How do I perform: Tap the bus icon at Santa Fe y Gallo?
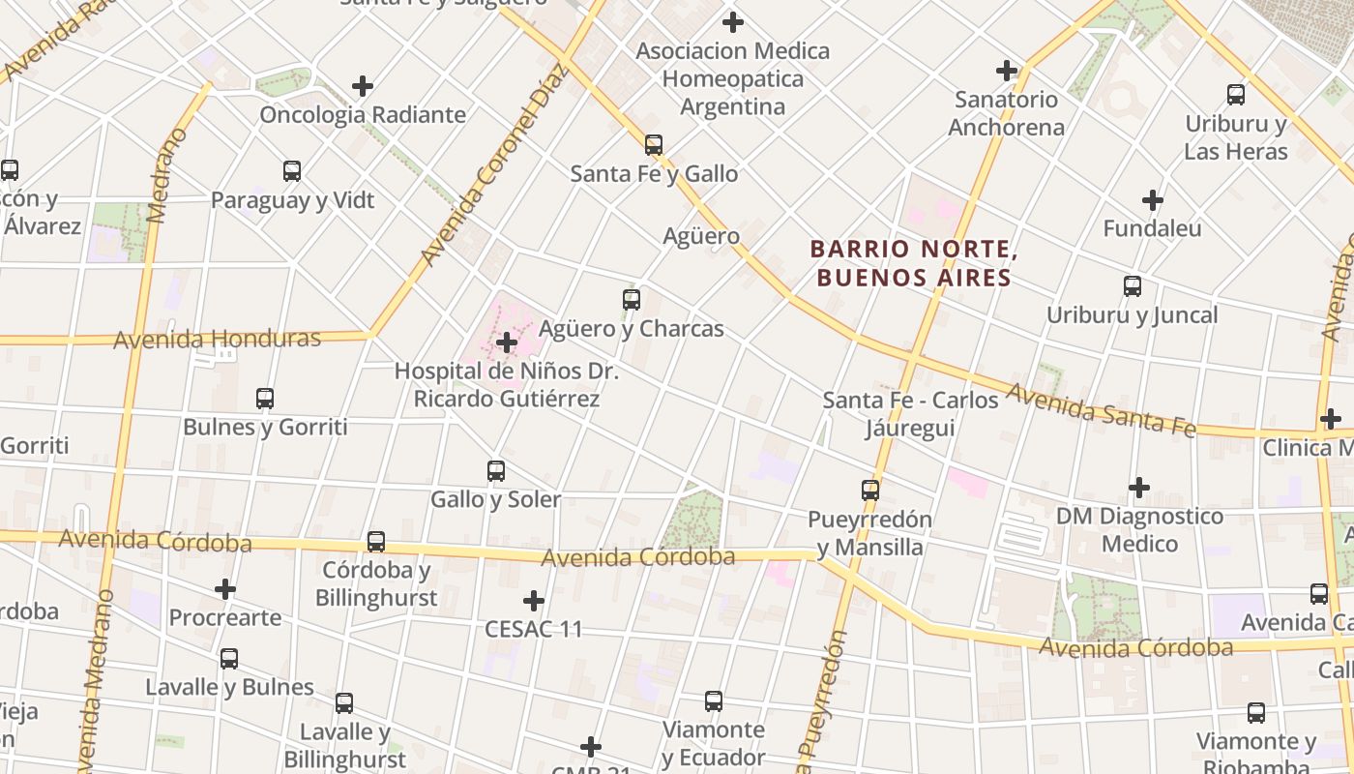[x=654, y=145]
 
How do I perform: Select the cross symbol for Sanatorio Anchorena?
[x=1007, y=71]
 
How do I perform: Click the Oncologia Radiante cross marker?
[x=363, y=86]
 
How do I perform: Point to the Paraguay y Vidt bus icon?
[x=292, y=171]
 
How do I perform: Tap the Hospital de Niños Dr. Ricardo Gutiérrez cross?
[x=507, y=342]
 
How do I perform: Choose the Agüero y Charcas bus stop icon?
[x=632, y=300]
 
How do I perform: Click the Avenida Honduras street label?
[x=217, y=340]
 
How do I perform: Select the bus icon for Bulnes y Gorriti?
[x=265, y=398]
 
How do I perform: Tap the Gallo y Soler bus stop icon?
[x=496, y=471]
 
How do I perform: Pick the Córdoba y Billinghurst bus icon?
[x=376, y=542]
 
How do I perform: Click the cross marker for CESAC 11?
[x=534, y=601]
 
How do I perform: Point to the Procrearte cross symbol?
[x=225, y=589]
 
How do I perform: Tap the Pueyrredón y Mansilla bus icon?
[x=870, y=491]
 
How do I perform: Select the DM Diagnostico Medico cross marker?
[x=1139, y=488]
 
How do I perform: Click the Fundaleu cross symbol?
[x=1152, y=200]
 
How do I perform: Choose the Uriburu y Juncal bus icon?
[x=1133, y=286]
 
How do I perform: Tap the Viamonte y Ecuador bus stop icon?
[x=714, y=701]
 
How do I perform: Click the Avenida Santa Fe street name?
[x=1102, y=409]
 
